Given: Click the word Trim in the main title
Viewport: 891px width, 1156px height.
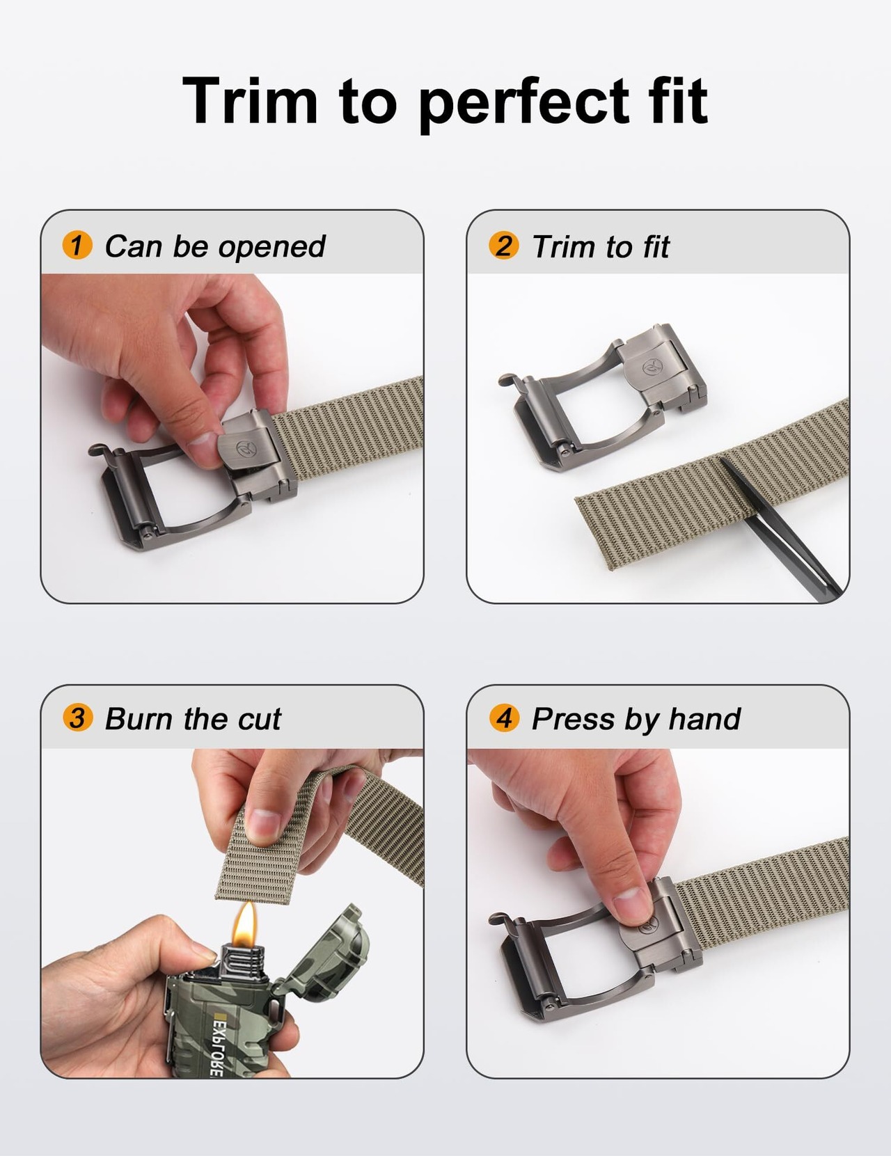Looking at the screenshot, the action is coord(249,100).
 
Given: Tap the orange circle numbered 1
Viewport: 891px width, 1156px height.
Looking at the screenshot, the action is coord(77,245).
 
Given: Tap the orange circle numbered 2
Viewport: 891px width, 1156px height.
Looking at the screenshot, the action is coord(503,245).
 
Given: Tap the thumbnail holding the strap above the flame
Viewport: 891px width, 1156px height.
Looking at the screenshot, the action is coord(263,824).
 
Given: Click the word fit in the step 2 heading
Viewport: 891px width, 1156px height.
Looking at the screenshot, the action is coord(655,247).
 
